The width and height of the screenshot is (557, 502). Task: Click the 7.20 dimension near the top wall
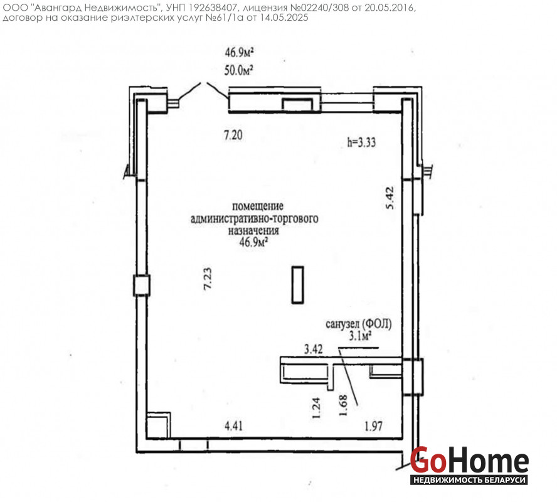(x=233, y=135)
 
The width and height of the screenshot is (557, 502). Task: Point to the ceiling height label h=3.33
(x=361, y=142)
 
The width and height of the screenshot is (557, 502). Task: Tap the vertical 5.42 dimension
(x=390, y=198)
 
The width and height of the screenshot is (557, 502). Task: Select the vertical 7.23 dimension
(x=208, y=279)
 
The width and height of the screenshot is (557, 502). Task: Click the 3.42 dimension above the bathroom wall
(x=314, y=350)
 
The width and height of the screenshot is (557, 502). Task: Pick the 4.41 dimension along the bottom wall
(x=233, y=425)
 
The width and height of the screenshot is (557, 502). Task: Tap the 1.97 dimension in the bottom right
(x=373, y=425)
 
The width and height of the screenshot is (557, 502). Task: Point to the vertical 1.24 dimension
(x=316, y=408)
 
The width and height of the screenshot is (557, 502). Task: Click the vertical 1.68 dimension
(x=343, y=405)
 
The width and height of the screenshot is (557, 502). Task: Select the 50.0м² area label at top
(x=238, y=70)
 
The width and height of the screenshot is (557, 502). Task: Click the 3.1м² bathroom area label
(x=360, y=336)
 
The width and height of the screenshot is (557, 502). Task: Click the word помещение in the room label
(x=258, y=206)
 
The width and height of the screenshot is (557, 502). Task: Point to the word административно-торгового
(x=254, y=218)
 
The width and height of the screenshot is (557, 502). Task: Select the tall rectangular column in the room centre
(x=298, y=285)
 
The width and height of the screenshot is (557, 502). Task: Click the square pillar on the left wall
(x=142, y=286)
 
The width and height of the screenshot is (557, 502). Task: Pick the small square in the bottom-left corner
(x=157, y=425)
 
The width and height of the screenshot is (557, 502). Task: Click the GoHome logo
(x=469, y=466)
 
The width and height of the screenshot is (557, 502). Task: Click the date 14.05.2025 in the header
(x=284, y=18)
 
